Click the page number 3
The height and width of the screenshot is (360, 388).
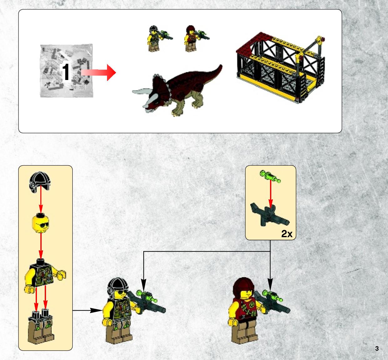coord(377,348)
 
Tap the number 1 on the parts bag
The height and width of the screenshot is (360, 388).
coord(66,72)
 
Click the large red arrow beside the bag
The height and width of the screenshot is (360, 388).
coord(98,72)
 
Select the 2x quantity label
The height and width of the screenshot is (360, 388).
coord(287,233)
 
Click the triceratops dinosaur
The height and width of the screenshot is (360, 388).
coord(177,90)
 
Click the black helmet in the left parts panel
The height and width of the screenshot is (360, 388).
coord(40,182)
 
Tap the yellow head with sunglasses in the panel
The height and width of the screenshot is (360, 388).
coord(40,223)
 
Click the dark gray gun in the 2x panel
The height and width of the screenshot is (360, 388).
coord(270,215)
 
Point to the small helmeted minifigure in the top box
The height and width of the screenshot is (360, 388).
coord(158,38)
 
